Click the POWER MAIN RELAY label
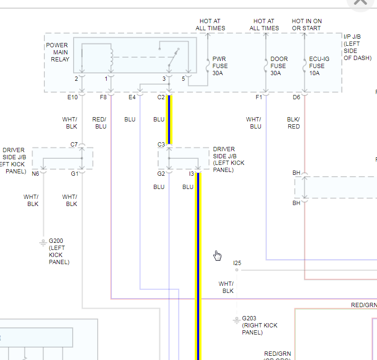(x=58, y=52)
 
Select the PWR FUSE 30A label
(x=220, y=66)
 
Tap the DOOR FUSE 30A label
(x=279, y=66)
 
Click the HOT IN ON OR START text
(x=307, y=25)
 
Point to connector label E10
(x=72, y=97)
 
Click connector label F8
(x=103, y=97)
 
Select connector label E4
(x=132, y=97)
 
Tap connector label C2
(x=161, y=97)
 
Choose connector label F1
(x=259, y=97)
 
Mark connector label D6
(x=296, y=97)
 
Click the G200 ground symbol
(x=43, y=243)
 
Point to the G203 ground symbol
(x=236, y=320)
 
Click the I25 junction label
(x=237, y=263)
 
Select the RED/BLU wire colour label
(x=100, y=123)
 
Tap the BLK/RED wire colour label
(x=293, y=123)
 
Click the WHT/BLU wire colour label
(x=253, y=123)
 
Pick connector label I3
(x=191, y=174)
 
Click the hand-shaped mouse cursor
(x=217, y=256)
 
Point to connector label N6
(x=35, y=174)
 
